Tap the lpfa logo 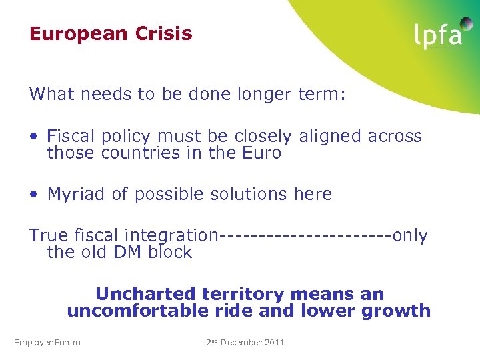(437, 35)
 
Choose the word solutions (252, 194)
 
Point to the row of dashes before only (305, 236)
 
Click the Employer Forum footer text (47, 343)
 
